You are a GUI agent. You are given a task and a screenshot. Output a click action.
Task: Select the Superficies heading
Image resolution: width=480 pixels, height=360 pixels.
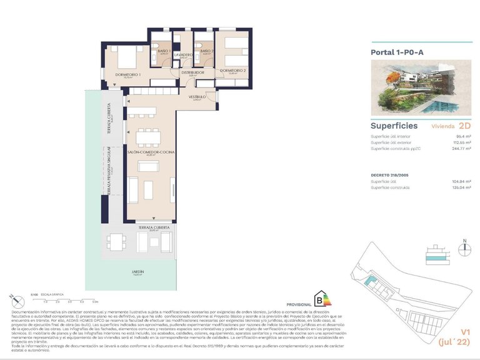394,126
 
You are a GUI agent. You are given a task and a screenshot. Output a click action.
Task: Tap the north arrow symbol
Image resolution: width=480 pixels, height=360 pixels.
464,247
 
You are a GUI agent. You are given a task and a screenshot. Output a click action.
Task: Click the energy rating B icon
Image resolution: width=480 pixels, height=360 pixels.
322,299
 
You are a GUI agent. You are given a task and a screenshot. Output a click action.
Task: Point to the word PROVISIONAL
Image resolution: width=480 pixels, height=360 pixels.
299,304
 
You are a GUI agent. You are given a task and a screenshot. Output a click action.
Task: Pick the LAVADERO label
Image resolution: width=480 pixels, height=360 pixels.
183,55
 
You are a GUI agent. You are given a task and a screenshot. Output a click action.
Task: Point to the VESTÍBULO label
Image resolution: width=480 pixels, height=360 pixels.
197,97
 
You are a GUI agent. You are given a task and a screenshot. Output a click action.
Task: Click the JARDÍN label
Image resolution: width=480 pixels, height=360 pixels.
137,272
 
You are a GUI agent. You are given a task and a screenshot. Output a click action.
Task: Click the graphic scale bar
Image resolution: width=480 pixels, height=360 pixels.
69,298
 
